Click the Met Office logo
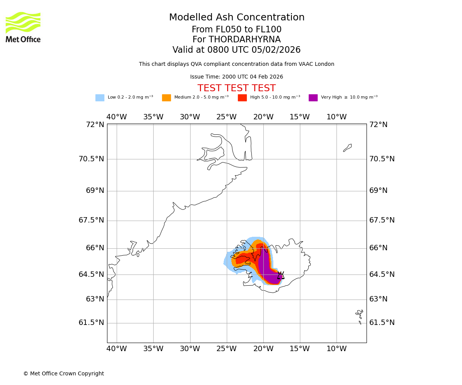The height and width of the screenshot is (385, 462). [23, 27]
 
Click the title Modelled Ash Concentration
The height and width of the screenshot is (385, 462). [236, 18]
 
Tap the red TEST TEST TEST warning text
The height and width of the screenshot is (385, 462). [236, 89]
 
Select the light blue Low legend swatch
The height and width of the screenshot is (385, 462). [100, 98]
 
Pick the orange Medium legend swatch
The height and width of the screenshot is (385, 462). [166, 98]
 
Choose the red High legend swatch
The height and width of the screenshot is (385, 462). [242, 98]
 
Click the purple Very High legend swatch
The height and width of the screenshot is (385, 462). [313, 98]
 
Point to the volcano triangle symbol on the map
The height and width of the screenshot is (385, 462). [281, 275]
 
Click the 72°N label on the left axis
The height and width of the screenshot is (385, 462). [95, 125]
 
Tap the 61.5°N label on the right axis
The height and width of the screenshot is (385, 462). [382, 323]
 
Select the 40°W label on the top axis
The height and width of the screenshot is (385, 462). [117, 117]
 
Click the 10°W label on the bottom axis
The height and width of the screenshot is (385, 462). [336, 349]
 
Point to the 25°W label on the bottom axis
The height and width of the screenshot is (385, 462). [226, 349]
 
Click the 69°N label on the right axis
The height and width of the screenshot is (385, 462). [378, 191]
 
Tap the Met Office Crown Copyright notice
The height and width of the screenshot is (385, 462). [64, 374]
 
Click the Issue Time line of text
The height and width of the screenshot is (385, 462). [236, 77]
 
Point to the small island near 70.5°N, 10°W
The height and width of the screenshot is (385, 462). [347, 148]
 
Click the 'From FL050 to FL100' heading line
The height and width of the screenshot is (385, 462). [236, 30]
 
